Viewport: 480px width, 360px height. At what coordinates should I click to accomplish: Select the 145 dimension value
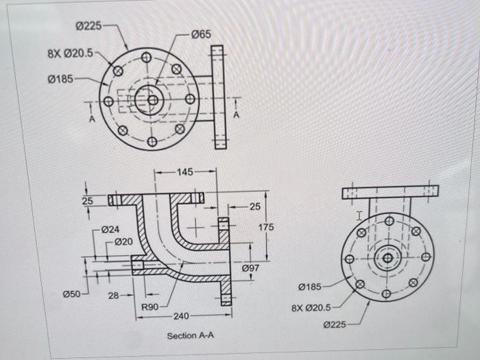pos(185,171)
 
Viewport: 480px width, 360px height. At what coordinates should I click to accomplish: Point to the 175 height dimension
pos(266,227)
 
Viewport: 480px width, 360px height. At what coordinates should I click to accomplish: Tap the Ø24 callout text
pos(110,230)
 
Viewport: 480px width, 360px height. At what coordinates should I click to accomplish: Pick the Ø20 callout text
pos(123,241)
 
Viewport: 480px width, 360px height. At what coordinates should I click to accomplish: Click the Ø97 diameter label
pos(250,268)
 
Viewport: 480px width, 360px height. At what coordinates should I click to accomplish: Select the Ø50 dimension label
pos(72,293)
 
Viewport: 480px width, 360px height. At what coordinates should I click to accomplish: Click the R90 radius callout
pos(150,307)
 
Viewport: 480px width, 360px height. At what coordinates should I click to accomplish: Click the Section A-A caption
pos(190,336)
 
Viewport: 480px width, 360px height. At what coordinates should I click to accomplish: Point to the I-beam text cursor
pos(359,215)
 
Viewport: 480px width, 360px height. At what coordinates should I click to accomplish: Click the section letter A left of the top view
pos(88,119)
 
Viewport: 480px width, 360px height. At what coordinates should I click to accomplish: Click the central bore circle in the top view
pos(152,100)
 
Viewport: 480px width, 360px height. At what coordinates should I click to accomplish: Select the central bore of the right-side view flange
pos(387,258)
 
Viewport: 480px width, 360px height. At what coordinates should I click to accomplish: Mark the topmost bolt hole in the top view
pos(146,58)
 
